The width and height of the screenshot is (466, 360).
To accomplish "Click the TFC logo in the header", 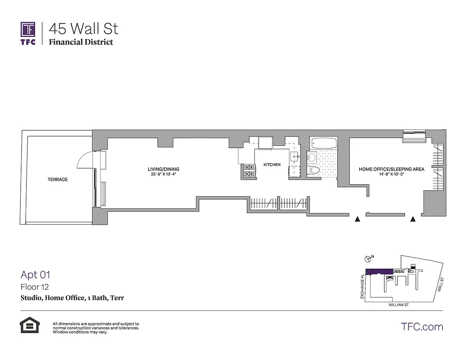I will tap(27, 32).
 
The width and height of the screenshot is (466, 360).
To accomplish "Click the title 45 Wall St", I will tap(84, 29).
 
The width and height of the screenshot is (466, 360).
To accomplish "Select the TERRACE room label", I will tap(58, 180).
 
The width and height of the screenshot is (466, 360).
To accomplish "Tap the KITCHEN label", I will tap(272, 165).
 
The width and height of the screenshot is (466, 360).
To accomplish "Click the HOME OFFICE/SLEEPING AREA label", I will tap(391, 169).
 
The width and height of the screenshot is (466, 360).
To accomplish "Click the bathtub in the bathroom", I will tap(323, 144).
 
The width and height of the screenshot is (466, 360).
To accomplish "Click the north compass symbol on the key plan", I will tap(367, 258).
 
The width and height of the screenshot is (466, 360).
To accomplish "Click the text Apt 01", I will tap(35, 274).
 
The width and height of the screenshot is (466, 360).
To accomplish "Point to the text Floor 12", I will tap(35, 287).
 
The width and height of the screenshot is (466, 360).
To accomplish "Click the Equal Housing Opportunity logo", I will tap(29, 325).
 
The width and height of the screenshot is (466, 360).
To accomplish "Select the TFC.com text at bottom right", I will tap(421, 327).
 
